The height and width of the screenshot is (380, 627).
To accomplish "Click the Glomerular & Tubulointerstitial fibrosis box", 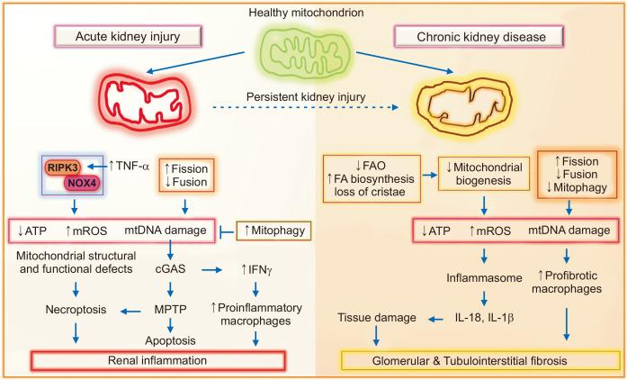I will [481, 361].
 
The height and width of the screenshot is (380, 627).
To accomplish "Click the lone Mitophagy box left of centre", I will [274, 231].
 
